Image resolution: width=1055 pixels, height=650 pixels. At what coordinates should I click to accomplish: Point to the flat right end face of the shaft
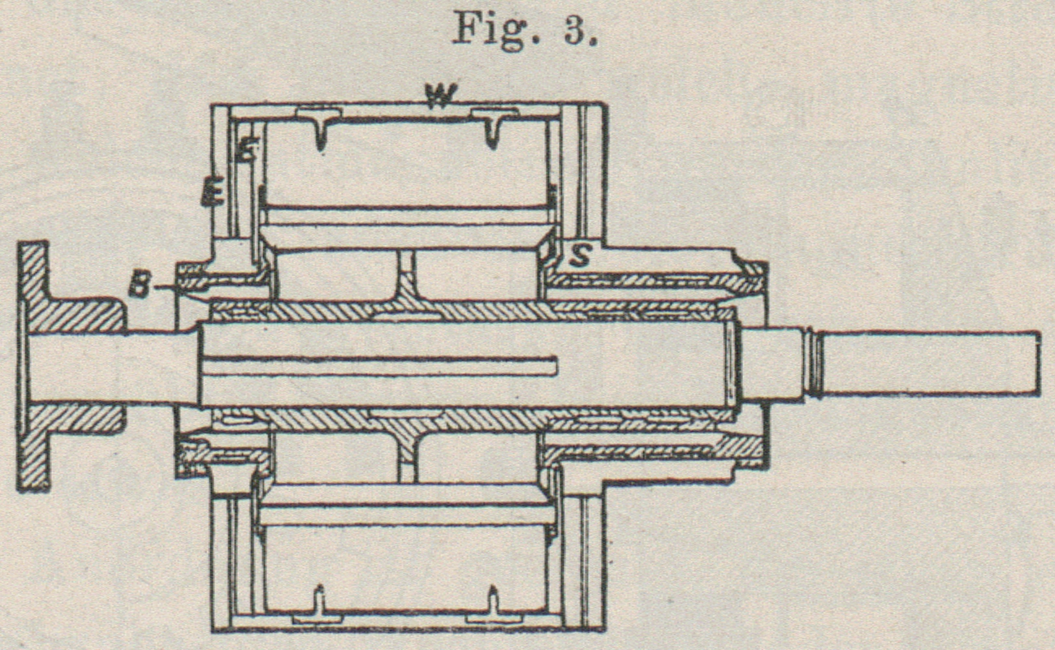(x=1040, y=363)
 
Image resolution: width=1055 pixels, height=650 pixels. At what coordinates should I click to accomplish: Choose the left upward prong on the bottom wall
(x=320, y=600)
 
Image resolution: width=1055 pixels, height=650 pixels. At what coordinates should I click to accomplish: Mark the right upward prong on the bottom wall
(x=493, y=600)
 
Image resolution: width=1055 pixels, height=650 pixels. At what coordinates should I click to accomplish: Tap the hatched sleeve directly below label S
(x=650, y=282)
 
